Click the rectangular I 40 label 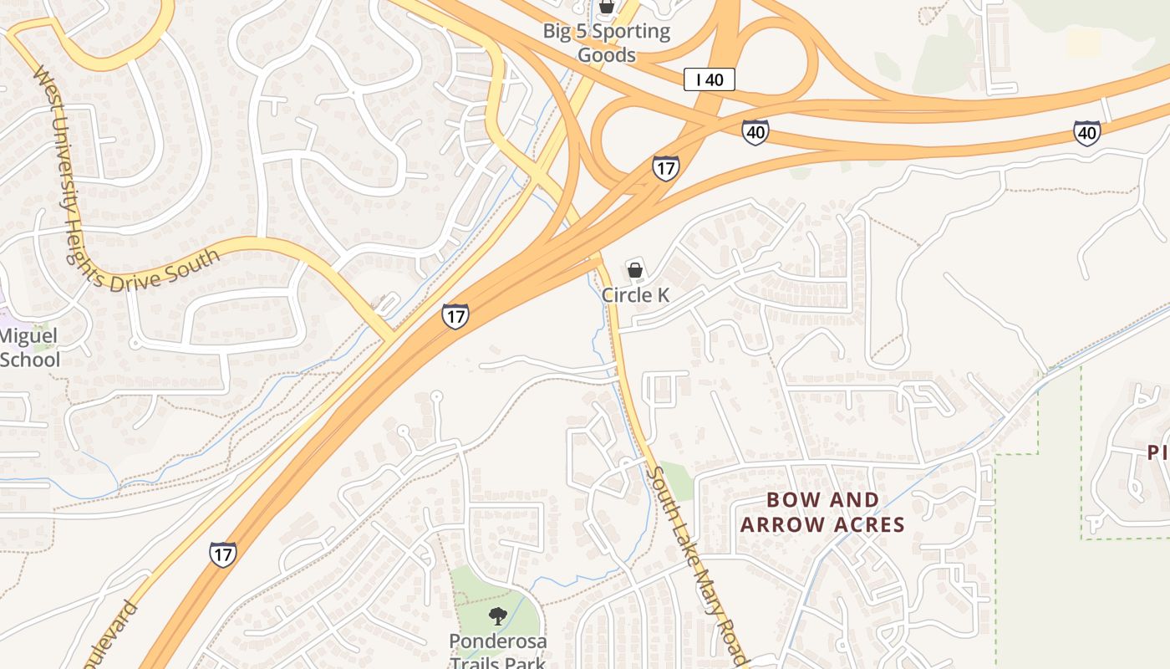[x=710, y=79]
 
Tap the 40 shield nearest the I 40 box [x=755, y=132]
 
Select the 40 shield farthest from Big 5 [x=1086, y=132]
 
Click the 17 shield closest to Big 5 [x=666, y=168]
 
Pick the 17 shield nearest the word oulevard [x=222, y=554]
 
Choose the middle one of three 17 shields [x=455, y=316]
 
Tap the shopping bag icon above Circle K [x=635, y=270]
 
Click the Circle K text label [x=635, y=295]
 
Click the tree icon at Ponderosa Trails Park [x=498, y=617]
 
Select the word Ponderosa [x=498, y=641]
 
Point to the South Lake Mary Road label [x=693, y=564]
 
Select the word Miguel [x=28, y=336]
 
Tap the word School [x=30, y=360]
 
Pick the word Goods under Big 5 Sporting [x=608, y=55]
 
